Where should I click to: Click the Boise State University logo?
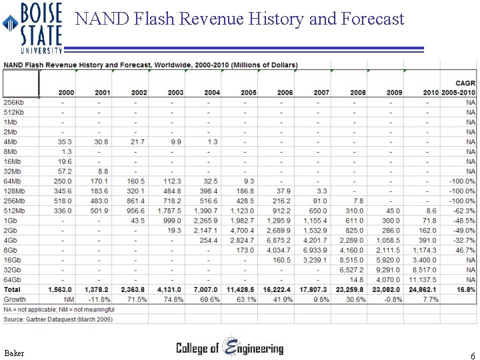pyautogui.click(x=33, y=27)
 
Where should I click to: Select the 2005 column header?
pyautogui.click(x=248, y=92)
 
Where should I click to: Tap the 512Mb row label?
pyautogui.click(x=14, y=211)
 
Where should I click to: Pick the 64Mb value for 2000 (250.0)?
pyautogui.click(x=63, y=181)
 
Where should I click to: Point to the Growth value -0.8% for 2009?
pyautogui.click(x=392, y=299)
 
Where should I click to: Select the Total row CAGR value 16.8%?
pyautogui.click(x=465, y=289)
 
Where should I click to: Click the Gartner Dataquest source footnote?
pyautogui.click(x=58, y=320)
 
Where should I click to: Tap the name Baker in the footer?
pyautogui.click(x=14, y=352)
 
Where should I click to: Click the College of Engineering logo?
pyautogui.click(x=229, y=348)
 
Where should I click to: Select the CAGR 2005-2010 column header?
pyautogui.click(x=458, y=87)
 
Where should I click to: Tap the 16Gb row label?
pyautogui.click(x=13, y=260)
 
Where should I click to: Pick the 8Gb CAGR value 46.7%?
pyautogui.click(x=464, y=250)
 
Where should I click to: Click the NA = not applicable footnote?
pyautogui.click(x=59, y=309)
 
